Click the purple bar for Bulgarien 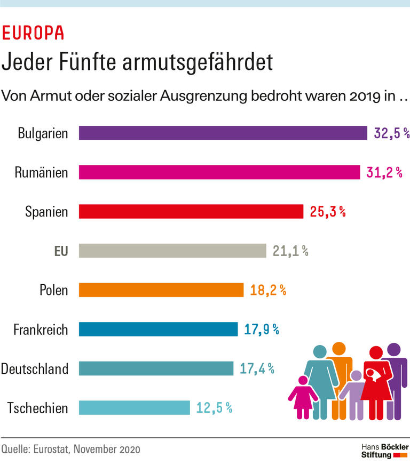tap(223, 133)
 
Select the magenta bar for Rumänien tap(219, 172)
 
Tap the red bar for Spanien tap(191, 212)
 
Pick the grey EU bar tap(172, 251)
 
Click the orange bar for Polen tap(161, 290)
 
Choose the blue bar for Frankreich tap(158, 329)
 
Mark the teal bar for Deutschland tap(156, 368)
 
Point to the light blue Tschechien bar tap(135, 408)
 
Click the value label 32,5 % tap(391, 133)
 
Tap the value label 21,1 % tap(290, 251)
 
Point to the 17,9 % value tap(262, 330)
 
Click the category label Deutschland tap(35, 368)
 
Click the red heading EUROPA tap(33, 34)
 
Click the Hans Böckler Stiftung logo tap(384, 450)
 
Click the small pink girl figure tap(303, 398)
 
